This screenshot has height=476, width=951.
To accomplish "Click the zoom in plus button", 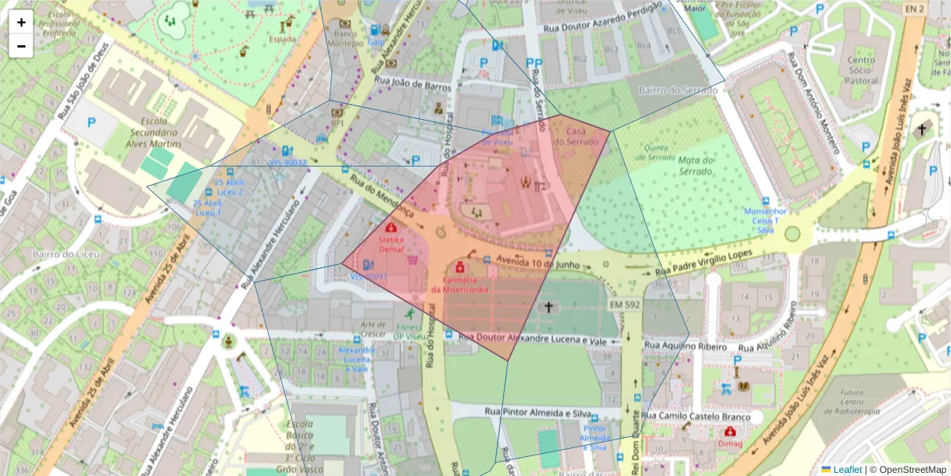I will click(21, 22).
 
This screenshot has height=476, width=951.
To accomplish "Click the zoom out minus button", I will click(21, 46).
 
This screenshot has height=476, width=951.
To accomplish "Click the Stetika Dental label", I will click(391, 244).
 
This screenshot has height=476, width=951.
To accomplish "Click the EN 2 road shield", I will click(914, 9).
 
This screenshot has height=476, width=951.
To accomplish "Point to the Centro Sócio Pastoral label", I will click(861, 70).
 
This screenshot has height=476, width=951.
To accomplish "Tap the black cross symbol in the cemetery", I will click(547, 306).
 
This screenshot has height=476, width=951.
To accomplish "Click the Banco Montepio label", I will click(346, 39).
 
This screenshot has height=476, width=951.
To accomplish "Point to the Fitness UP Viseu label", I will click(410, 332).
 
